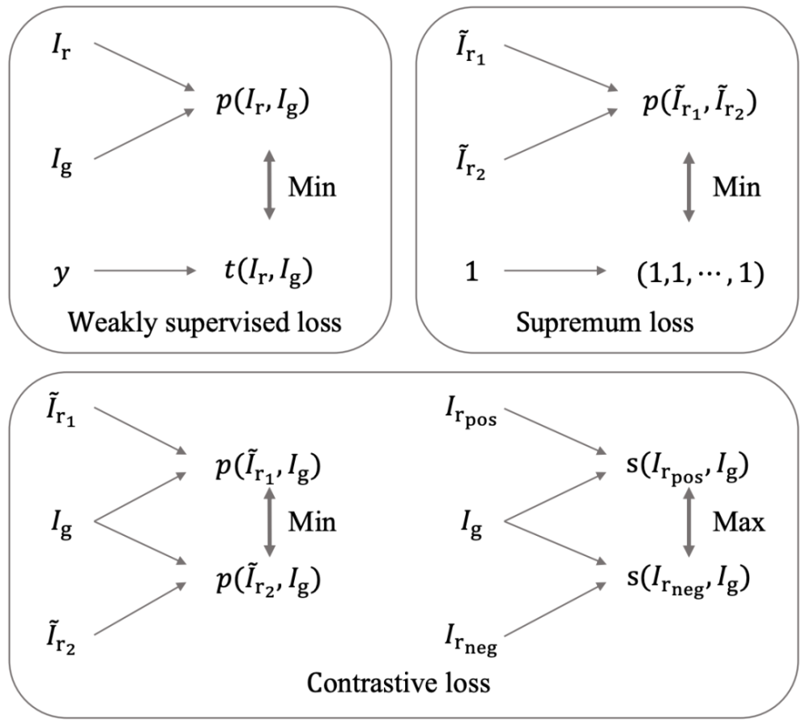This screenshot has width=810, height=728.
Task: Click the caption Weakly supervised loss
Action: click(205, 323)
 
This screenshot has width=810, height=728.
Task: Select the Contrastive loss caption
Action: click(399, 683)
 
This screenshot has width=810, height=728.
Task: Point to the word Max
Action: click(739, 523)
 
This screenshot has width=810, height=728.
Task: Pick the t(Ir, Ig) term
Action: click(258, 272)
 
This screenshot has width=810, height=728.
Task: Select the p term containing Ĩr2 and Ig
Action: click(265, 580)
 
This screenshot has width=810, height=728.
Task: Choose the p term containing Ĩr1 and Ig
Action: click(265, 467)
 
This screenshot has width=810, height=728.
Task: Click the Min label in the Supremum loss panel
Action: click(736, 188)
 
